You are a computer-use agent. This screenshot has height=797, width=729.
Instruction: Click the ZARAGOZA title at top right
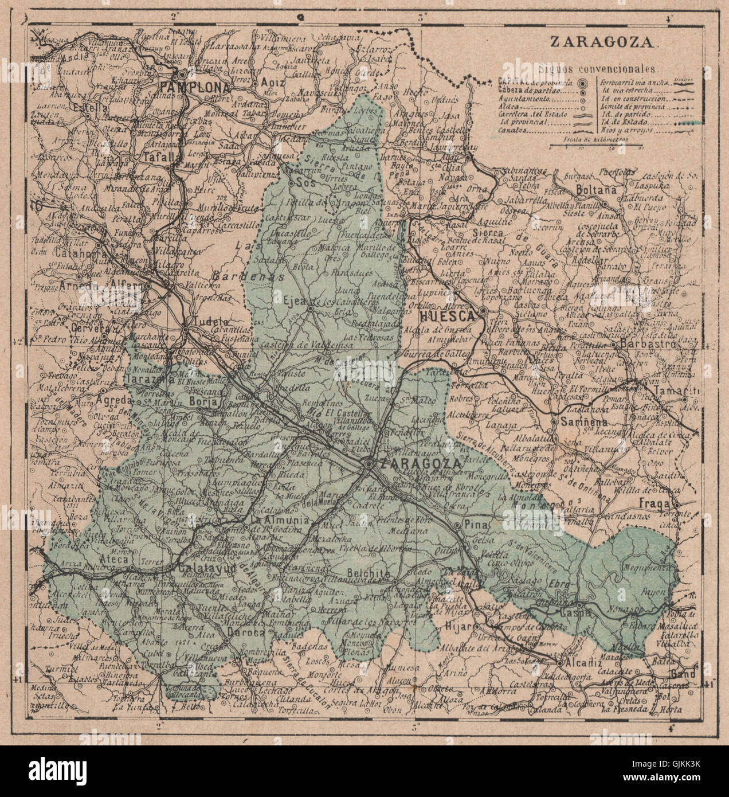(x=603, y=42)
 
